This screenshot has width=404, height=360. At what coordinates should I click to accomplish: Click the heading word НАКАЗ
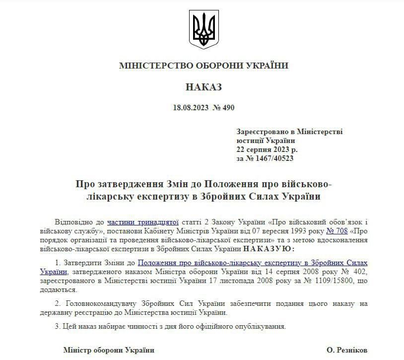click(203, 87)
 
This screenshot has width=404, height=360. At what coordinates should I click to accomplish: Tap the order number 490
click(228, 108)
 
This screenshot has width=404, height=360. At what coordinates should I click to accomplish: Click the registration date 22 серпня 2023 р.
click(267, 149)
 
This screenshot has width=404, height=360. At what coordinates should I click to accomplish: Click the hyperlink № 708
click(335, 231)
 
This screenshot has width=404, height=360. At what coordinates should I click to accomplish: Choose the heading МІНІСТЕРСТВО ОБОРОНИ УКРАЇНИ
click(203, 66)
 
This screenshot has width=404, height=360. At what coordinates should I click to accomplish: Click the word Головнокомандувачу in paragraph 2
click(97, 303)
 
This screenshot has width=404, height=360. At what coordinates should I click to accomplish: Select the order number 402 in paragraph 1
click(360, 272)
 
